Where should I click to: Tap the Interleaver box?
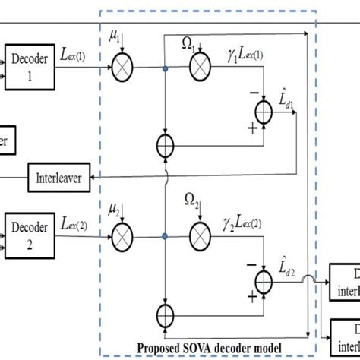(x=58, y=178)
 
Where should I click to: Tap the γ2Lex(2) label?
(x=244, y=225)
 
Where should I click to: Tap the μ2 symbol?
(x=115, y=207)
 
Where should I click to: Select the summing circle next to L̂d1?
(x=263, y=112)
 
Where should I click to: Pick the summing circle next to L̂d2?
(x=263, y=283)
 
